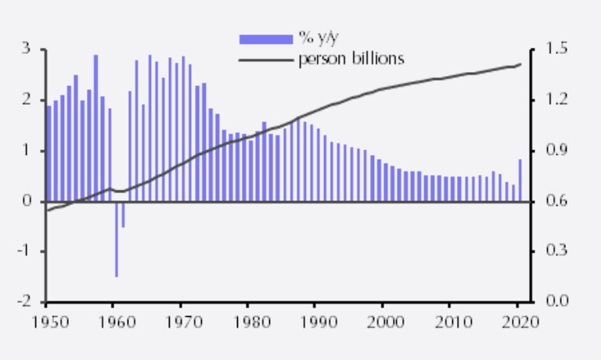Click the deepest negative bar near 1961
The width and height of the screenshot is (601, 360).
117,239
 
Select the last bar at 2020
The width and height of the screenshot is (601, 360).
520,180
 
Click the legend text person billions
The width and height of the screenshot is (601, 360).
351,59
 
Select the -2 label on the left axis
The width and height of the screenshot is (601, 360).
23,302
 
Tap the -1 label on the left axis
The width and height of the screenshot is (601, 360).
23,252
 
